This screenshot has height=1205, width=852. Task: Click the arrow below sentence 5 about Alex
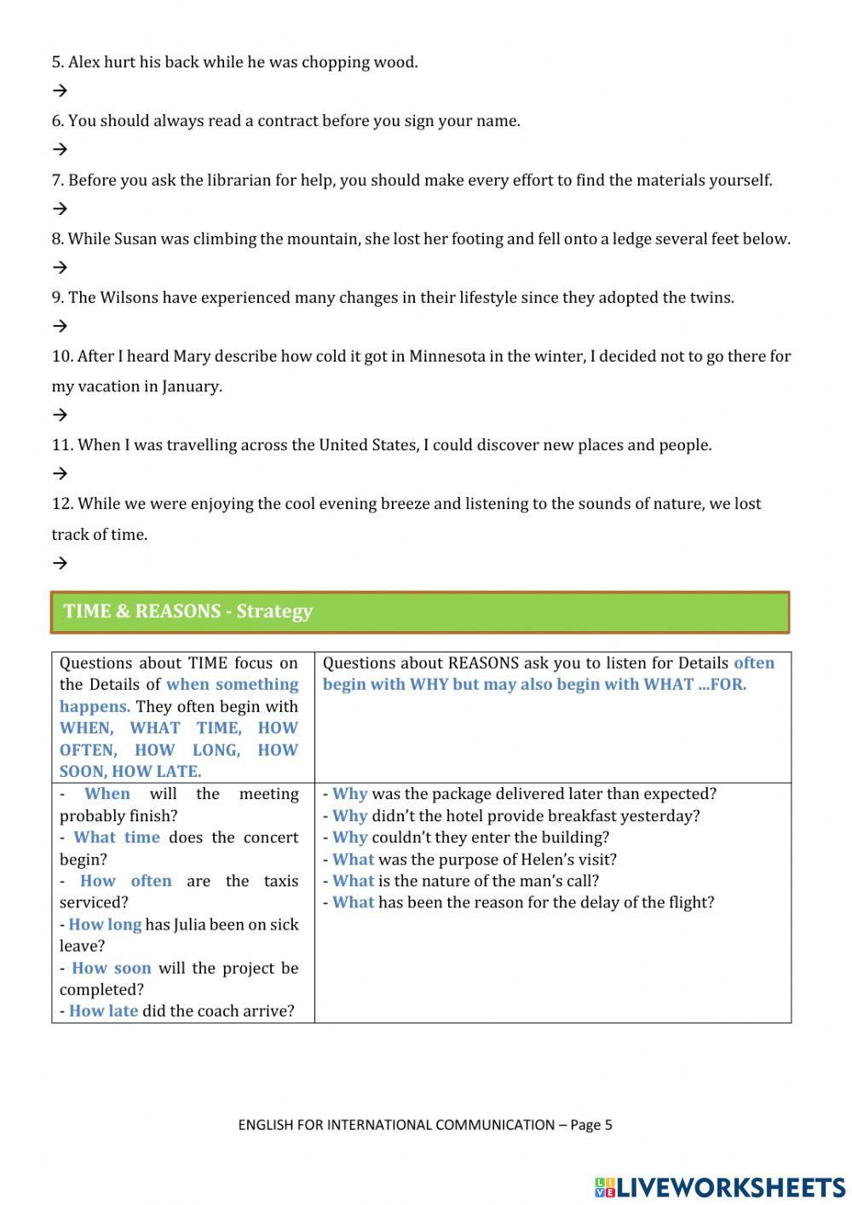(60, 90)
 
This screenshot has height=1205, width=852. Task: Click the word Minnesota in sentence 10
(447, 356)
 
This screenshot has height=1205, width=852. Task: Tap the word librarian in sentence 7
(252, 180)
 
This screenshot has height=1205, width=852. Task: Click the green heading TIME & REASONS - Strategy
(188, 611)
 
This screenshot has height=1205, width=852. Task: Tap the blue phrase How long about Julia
(105, 924)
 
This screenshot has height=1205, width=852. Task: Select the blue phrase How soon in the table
(111, 968)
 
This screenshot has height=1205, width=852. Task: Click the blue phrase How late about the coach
(103, 1011)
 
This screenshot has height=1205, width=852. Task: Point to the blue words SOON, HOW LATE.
(130, 772)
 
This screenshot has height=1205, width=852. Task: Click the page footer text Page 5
(590, 1125)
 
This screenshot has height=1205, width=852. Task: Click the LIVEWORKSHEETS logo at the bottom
(720, 1186)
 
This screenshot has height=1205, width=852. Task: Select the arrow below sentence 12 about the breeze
(60, 563)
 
